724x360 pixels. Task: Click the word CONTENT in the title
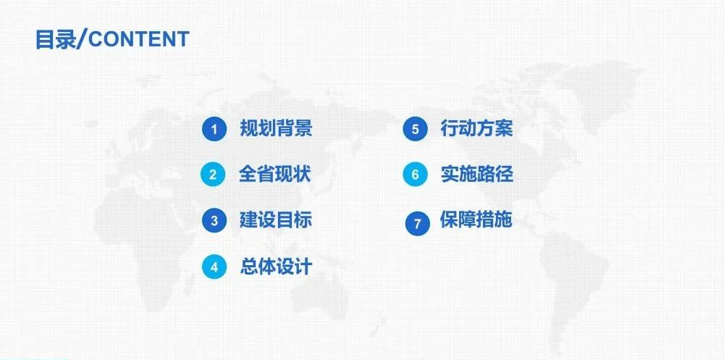[x=138, y=39]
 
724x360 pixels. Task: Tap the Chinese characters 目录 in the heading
[x=55, y=39]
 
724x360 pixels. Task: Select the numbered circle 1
[x=214, y=129]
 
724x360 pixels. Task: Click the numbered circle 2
[x=213, y=175]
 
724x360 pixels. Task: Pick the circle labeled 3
[x=214, y=221]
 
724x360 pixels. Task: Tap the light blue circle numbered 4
[x=214, y=267]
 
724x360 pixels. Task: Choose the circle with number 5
[x=415, y=129]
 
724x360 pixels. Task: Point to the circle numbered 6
[x=415, y=175]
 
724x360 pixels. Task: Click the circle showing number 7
[x=418, y=224]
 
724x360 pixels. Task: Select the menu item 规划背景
[x=276, y=128]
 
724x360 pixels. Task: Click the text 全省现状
[x=274, y=175]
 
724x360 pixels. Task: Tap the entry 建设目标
[x=276, y=219]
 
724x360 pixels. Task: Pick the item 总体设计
[x=276, y=267]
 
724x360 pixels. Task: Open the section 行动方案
[x=476, y=128]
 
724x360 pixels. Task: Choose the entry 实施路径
[x=477, y=175]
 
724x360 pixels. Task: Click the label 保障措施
[x=476, y=219]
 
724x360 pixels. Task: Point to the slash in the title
[x=81, y=39]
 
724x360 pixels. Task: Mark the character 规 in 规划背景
[x=248, y=128]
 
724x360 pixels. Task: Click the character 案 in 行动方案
[x=504, y=128]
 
